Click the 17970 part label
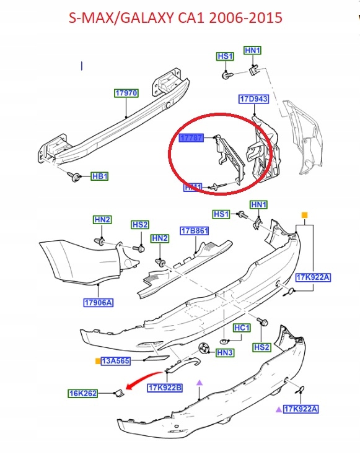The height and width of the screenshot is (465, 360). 126,93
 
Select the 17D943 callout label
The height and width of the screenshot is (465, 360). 253,99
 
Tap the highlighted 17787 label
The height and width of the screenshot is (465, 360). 191,139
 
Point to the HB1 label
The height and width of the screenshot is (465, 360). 100,176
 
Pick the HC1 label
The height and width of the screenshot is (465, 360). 241,328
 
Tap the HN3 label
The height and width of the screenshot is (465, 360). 224,352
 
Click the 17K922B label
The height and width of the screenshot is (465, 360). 165,388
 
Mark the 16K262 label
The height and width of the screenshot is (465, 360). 82,393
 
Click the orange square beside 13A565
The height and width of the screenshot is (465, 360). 97,361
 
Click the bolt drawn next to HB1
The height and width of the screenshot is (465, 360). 76,178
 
